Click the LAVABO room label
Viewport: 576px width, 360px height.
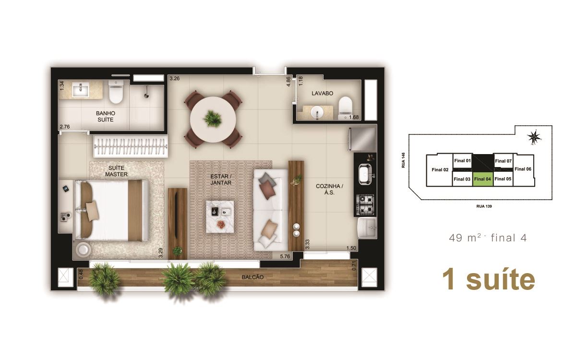pos(322,93)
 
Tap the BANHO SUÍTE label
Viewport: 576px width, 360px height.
pos(106,117)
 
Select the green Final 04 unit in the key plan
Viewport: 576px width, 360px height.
pos(483,179)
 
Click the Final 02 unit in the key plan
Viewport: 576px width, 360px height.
pos(440,170)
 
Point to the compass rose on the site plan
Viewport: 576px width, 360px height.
pos(534,137)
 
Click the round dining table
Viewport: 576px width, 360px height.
pos(213,120)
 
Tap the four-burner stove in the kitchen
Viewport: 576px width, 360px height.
pos(365,204)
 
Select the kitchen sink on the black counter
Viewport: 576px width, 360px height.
pos(365,174)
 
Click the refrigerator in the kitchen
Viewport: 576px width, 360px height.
pos(362,139)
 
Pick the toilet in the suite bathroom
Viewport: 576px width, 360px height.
pos(116,91)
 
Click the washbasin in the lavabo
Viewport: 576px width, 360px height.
pos(317,112)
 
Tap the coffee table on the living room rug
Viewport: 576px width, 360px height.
pos(220,217)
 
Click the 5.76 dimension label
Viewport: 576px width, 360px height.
pos(285,256)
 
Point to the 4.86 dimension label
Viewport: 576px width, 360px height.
pos(288,82)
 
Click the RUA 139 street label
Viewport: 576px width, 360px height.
pos(484,206)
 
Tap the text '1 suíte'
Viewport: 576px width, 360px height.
pos(489,279)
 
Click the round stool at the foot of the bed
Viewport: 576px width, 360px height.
pos(83,249)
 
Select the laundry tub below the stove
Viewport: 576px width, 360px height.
pos(367,228)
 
